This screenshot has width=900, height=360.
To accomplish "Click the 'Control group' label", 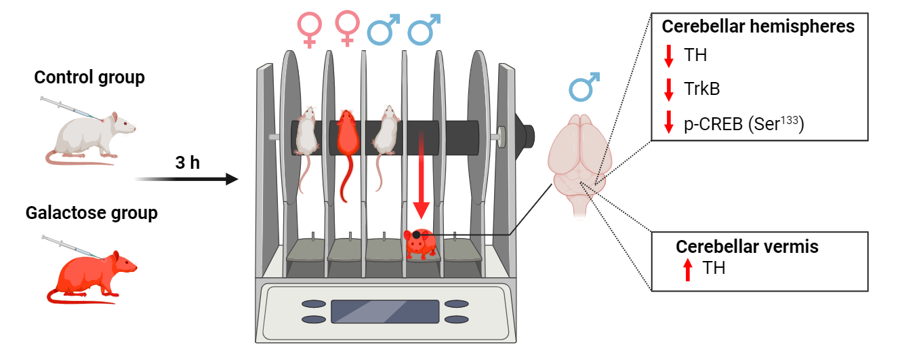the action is [x=89, y=77].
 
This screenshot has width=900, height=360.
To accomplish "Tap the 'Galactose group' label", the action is [x=91, y=213].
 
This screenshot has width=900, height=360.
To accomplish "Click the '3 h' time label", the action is [x=187, y=163].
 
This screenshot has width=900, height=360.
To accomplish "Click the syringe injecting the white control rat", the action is [x=70, y=108].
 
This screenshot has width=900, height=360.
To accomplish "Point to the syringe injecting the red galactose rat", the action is [x=72, y=247].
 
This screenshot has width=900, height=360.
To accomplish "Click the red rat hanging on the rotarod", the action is [x=347, y=155].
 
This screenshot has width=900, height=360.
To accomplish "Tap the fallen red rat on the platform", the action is [x=420, y=243].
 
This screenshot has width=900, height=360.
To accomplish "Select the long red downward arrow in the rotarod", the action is [x=421, y=174].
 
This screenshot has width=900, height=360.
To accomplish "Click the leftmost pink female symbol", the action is [x=309, y=30].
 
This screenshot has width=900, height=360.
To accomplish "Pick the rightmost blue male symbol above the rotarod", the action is [x=424, y=29].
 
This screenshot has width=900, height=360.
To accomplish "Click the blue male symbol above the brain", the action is [x=584, y=86].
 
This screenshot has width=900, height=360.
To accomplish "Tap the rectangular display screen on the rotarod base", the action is [x=385, y=311].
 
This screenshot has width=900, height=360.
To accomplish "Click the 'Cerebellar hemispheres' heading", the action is [x=758, y=26].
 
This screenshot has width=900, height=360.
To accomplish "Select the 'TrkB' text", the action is [x=701, y=88].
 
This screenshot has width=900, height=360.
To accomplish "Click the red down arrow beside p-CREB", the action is [x=669, y=122].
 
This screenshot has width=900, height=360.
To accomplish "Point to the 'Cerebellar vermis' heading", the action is [x=747, y=247].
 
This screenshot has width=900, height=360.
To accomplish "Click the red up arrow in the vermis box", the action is [x=688, y=270].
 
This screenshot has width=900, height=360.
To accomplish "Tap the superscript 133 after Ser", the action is [x=789, y=120].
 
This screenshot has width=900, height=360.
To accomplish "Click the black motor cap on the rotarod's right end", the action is [x=525, y=136].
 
